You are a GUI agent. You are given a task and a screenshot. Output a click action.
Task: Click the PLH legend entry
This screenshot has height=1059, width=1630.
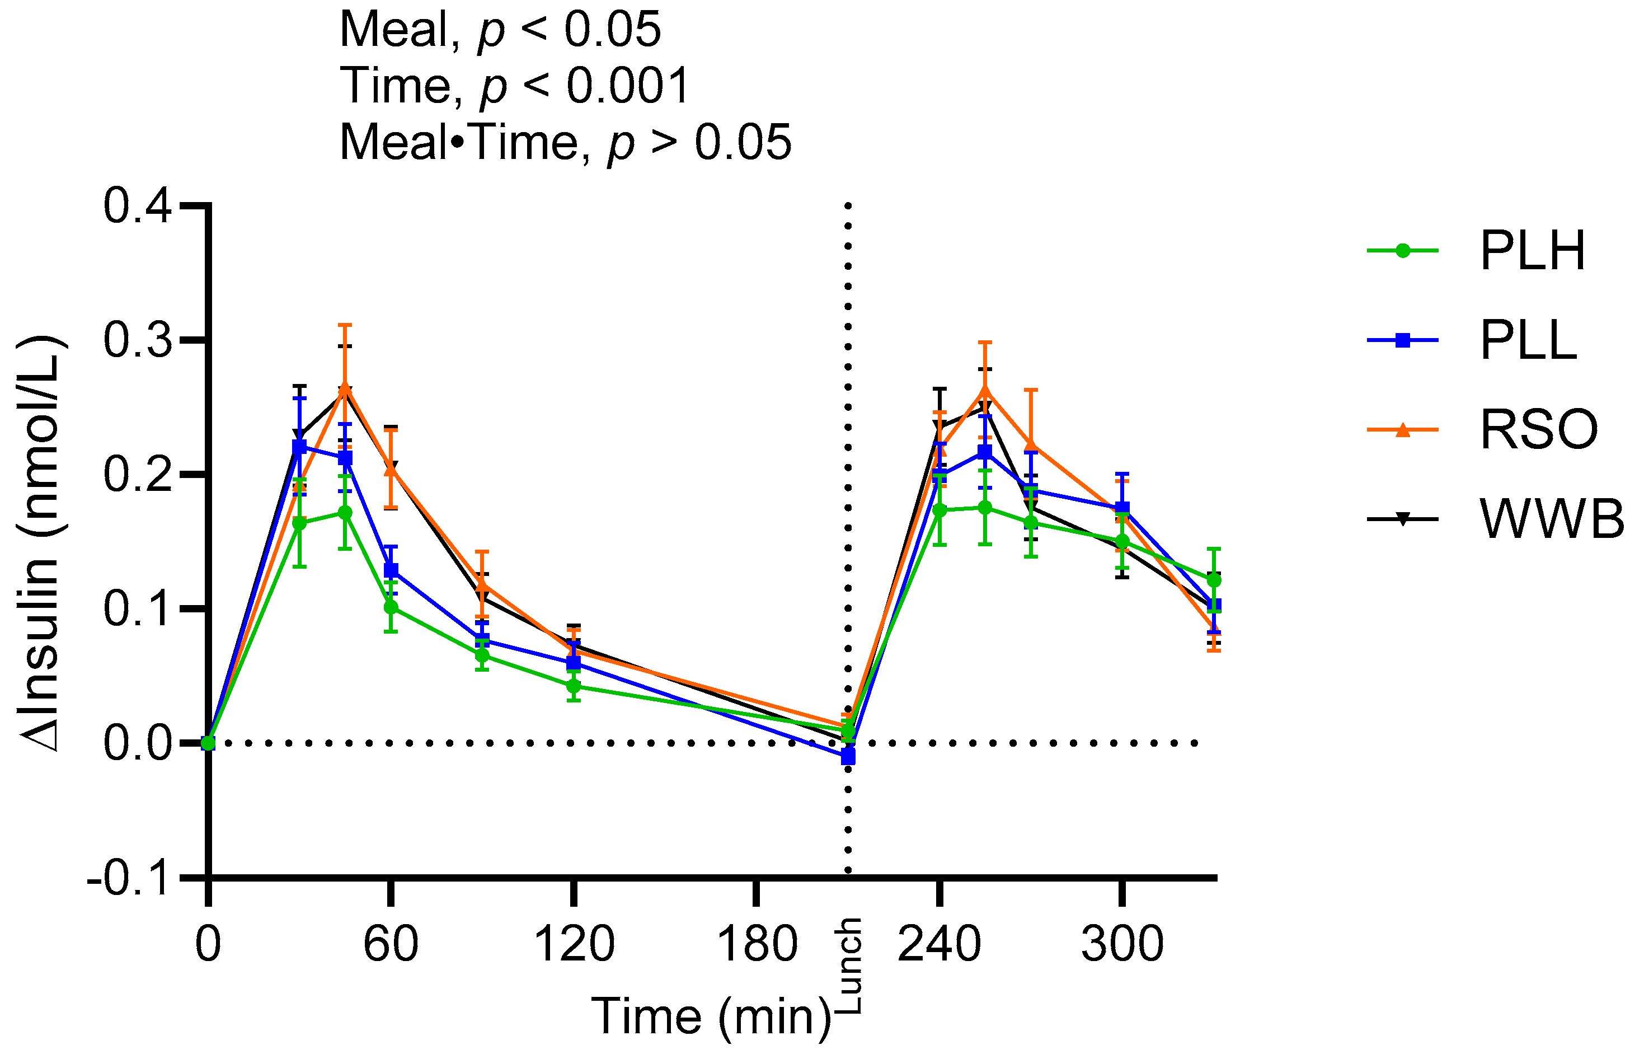pos(1532,251)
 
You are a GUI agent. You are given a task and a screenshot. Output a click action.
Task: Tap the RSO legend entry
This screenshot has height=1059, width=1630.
pos(1538,429)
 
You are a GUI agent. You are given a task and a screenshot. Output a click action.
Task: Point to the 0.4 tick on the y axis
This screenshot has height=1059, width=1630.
pos(137,205)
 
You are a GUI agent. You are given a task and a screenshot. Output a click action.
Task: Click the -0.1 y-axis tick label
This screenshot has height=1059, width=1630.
pos(129,878)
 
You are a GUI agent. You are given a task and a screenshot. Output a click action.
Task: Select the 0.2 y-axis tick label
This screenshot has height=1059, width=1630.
pos(137,474)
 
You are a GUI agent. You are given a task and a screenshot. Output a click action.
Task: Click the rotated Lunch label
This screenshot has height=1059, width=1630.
pos(849,966)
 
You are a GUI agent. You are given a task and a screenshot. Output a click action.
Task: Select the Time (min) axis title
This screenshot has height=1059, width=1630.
pos(711,1016)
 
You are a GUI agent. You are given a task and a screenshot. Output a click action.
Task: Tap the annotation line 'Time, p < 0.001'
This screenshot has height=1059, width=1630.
pos(514,86)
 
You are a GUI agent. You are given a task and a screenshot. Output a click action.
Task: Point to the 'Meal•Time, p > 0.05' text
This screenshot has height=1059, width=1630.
pos(565,143)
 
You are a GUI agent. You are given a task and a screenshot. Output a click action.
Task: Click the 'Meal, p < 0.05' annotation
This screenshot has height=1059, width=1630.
pos(500,30)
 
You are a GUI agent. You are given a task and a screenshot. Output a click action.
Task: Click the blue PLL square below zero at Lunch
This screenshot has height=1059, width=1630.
pos(848,757)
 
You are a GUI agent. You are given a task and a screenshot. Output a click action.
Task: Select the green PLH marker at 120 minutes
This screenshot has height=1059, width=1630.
pos(574,686)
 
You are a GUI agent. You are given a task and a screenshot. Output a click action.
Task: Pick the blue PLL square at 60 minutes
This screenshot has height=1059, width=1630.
pos(391,570)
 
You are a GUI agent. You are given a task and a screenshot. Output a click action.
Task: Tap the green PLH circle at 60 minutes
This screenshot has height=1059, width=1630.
pos(391,607)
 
